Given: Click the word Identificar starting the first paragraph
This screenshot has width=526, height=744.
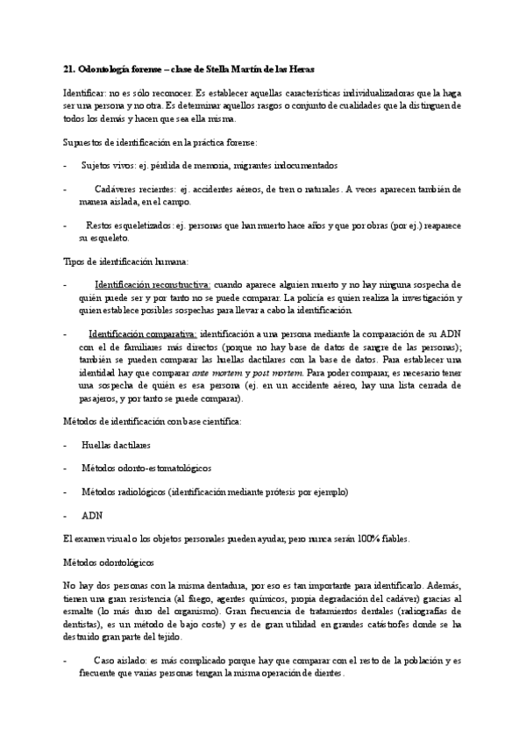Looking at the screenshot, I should (85, 92).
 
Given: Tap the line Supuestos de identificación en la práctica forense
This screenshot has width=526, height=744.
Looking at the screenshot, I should (159, 141).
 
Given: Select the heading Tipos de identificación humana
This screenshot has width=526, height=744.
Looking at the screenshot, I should (125, 261).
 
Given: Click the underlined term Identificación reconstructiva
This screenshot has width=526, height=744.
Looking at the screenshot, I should (152, 285).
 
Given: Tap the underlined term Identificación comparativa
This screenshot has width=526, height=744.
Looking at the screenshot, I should (144, 334).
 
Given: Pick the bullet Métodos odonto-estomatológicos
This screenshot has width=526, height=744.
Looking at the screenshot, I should (146, 469).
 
